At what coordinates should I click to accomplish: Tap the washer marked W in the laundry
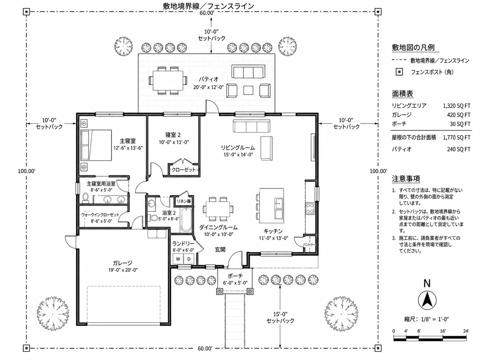[x=178, y=259]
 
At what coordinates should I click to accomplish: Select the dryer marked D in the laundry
[x=189, y=259]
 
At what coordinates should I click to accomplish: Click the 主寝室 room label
[x=128, y=141]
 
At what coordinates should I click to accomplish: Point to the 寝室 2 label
[x=173, y=135]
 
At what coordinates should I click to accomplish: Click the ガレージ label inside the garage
[x=122, y=263]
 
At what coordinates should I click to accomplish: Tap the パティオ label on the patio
[x=209, y=79]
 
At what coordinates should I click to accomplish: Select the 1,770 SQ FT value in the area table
[x=456, y=138]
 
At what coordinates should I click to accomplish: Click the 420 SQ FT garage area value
[x=458, y=115]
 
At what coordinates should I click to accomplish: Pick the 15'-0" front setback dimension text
[x=280, y=314]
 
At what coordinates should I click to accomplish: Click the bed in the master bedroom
[x=96, y=145]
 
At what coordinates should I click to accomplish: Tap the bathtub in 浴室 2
[x=186, y=220]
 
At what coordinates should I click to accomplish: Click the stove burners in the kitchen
[x=310, y=208]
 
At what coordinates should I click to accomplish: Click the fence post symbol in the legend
[x=399, y=72]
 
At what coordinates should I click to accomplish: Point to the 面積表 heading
[x=402, y=93]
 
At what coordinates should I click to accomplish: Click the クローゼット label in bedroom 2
[x=183, y=170]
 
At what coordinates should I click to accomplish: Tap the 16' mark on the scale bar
[x=443, y=331]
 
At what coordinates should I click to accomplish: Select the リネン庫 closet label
[x=184, y=201]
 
